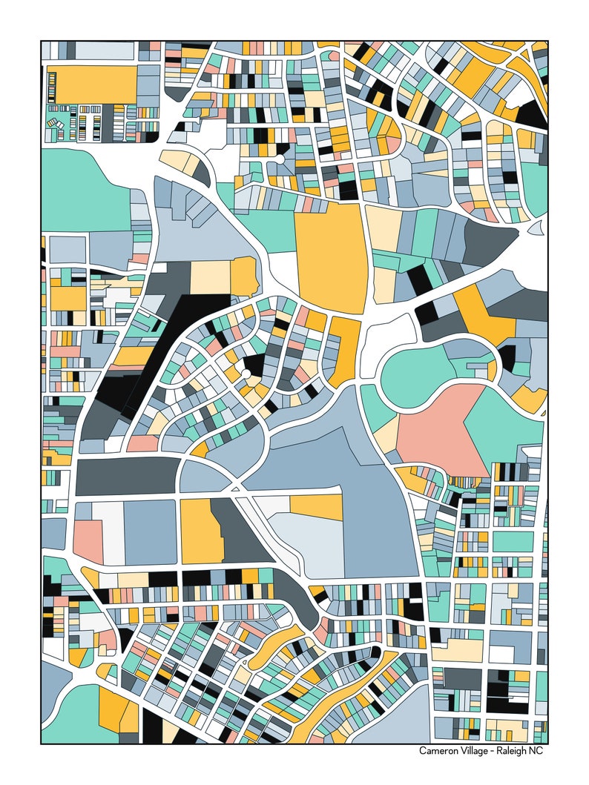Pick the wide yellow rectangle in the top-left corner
(95, 84)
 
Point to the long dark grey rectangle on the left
(126, 477)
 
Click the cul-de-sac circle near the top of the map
(280, 158)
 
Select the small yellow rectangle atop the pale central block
(315, 506)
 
